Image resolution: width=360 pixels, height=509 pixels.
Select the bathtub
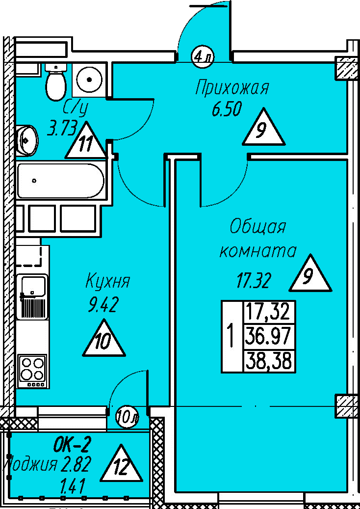click(x=60, y=181)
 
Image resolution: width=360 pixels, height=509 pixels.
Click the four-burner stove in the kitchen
click(x=32, y=371)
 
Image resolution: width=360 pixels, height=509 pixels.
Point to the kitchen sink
click(x=32, y=296)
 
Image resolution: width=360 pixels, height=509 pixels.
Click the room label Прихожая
click(x=232, y=88)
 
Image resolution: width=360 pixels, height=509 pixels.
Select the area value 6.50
click(x=227, y=110)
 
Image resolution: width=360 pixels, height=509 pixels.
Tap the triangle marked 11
click(x=86, y=143)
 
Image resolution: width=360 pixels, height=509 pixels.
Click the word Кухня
click(x=107, y=282)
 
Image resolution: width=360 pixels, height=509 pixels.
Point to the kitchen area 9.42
click(x=103, y=305)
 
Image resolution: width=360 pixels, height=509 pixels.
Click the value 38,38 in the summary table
click(x=269, y=362)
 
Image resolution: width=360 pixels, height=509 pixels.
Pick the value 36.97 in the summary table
click(x=269, y=337)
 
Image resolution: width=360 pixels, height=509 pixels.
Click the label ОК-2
click(x=72, y=445)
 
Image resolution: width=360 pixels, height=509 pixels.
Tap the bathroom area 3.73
click(x=62, y=129)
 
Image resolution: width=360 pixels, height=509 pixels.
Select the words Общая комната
click(x=257, y=239)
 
